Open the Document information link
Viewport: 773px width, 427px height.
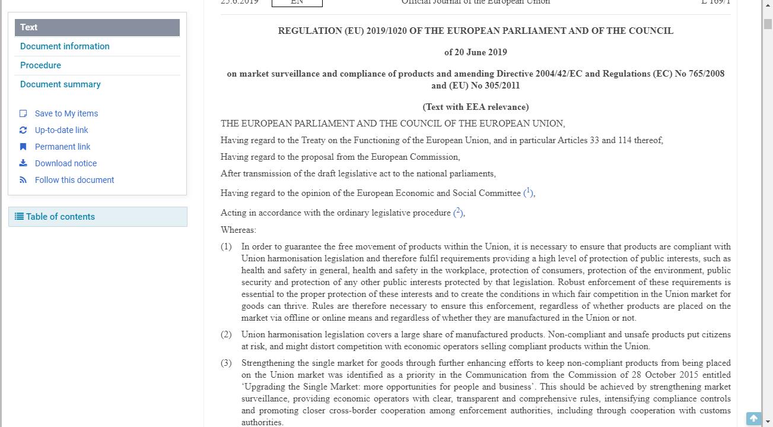(x=65, y=46)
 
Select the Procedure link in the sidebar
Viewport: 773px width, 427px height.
(x=40, y=65)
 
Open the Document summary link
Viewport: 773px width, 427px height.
(x=60, y=84)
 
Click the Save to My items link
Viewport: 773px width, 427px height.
(x=66, y=113)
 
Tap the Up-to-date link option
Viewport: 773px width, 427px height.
(x=61, y=130)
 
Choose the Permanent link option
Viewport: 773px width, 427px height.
(x=62, y=147)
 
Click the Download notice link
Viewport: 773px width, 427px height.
(x=65, y=163)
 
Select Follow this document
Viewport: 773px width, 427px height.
(x=74, y=180)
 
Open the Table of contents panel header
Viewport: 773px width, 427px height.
(x=60, y=217)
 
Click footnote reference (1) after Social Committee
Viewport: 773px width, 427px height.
(x=529, y=192)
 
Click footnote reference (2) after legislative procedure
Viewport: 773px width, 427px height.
(x=459, y=212)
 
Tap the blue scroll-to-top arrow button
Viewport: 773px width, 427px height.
(x=753, y=419)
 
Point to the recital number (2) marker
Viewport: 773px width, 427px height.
(x=226, y=334)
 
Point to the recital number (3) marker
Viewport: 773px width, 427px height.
(x=226, y=363)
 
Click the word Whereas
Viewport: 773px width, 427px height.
(x=238, y=230)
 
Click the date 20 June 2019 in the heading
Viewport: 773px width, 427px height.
(x=475, y=52)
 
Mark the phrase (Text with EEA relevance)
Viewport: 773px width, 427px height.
(x=475, y=107)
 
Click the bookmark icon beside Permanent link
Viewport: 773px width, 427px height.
(x=23, y=147)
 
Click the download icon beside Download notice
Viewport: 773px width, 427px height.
(x=23, y=163)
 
